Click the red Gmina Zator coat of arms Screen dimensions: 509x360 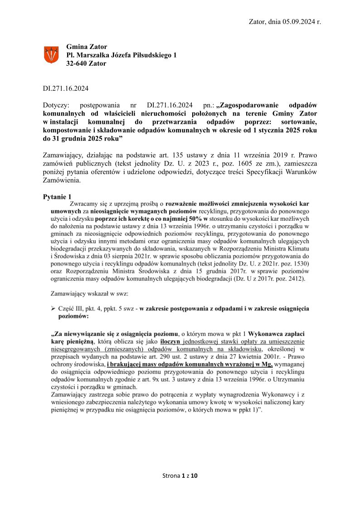pyautogui.click(x=52, y=55)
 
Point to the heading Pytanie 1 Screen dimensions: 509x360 pyautogui.click(x=57, y=197)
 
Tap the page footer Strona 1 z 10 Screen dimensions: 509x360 pyautogui.click(x=180, y=475)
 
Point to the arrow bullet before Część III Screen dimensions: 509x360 pyautogui.click(x=53, y=308)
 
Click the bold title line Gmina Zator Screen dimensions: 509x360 pyautogui.click(x=87, y=46)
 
